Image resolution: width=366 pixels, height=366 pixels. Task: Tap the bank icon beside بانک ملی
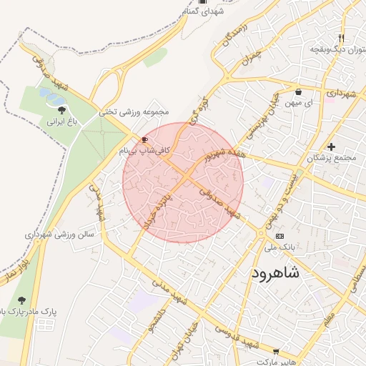[x=279, y=235]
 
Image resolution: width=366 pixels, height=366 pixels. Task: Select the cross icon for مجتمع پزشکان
[x=330, y=147]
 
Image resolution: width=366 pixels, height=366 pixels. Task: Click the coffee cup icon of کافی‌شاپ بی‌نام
[x=145, y=139]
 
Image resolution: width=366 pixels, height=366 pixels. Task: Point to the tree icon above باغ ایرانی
[x=61, y=110]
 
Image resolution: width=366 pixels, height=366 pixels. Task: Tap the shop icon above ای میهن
[x=297, y=91]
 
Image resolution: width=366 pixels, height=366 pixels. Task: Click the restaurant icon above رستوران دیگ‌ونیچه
[x=342, y=38]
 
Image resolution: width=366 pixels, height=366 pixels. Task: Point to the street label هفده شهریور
[x=223, y=154]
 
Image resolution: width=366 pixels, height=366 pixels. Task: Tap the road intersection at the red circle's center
[x=184, y=178]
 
